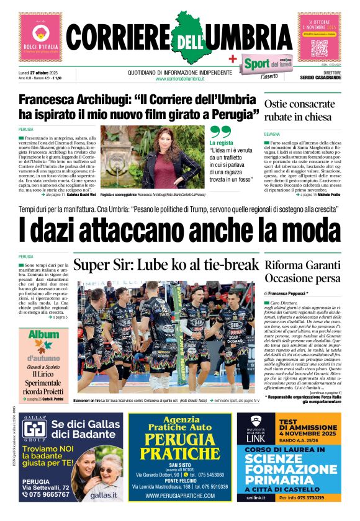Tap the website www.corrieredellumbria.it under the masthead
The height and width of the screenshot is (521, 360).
click(180, 78)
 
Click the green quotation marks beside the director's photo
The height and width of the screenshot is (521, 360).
click(220, 132)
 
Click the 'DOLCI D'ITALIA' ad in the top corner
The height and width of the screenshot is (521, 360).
click(40, 37)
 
